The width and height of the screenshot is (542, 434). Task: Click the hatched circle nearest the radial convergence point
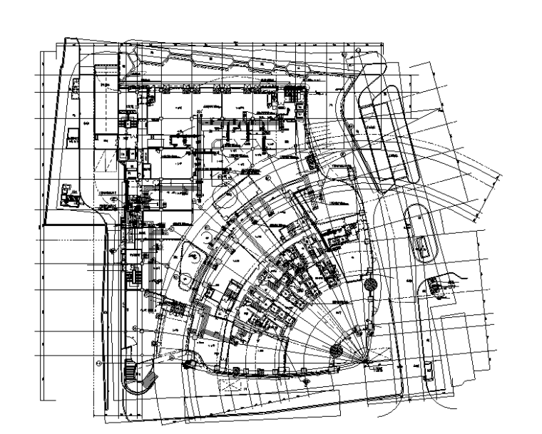pyautogui.click(x=337, y=350)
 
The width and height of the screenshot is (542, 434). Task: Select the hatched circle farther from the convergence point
pyautogui.click(x=370, y=285)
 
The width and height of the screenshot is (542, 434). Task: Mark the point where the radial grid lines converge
pyautogui.click(x=366, y=362)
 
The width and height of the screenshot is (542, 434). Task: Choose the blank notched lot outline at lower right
pyautogui.click(x=464, y=342)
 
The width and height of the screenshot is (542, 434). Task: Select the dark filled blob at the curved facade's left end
pyautogui.click(x=190, y=365)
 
